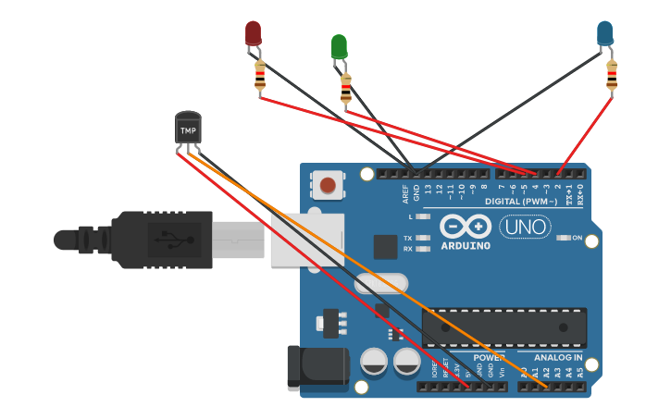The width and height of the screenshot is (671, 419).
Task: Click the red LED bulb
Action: click(253, 33)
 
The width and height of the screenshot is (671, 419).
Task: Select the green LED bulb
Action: click(339, 46)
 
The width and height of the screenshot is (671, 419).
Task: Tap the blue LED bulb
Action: click(604, 33)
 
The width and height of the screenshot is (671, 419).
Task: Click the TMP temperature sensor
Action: click(188, 129)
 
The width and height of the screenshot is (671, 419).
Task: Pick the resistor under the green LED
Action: click(345, 89)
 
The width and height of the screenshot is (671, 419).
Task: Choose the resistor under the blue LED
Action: click(611, 75)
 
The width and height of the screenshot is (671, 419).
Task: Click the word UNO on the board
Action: click(525, 227)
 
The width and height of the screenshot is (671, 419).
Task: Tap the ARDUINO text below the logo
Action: click(466, 246)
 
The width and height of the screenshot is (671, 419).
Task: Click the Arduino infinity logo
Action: click(466, 227)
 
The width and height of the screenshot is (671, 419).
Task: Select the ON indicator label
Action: click(577, 238)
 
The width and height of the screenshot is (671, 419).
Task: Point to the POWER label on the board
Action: click(489, 357)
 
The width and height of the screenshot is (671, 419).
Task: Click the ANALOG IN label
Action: click(558, 357)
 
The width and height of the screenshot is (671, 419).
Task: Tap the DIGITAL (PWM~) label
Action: click(524, 201)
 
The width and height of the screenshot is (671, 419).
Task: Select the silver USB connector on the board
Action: click(305, 240)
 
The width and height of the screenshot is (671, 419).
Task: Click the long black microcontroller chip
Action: click(503, 327)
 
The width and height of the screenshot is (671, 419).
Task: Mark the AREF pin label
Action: click(405, 192)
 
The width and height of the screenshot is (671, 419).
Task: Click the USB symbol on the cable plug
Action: click(172, 240)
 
